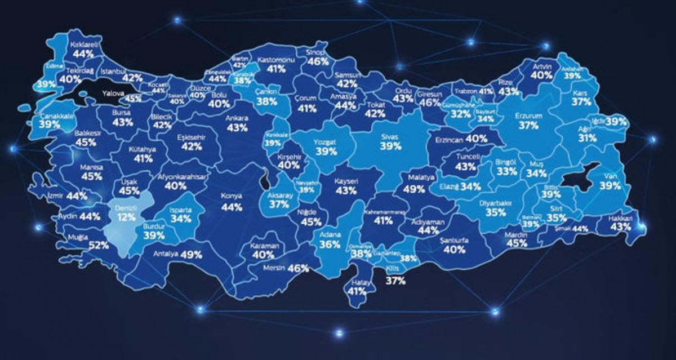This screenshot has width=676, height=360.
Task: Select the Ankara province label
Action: pyautogui.click(x=237, y=119)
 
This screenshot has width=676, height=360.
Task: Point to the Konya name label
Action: pyautogui.click(x=231, y=196)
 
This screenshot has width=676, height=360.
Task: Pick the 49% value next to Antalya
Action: pyautogui.click(x=192, y=254)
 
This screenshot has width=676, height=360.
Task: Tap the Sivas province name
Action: pyautogui.click(x=390, y=136)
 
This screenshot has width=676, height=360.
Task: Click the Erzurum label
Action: pyautogui.click(x=528, y=116)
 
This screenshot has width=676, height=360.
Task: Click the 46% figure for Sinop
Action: pyautogui.click(x=318, y=61)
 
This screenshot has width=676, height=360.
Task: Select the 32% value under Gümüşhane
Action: pyautogui.click(x=461, y=114)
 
